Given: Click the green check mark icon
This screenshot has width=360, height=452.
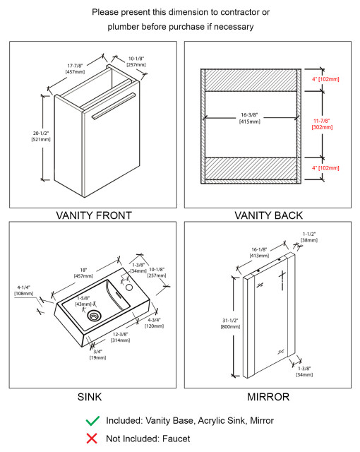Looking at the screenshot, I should pyautogui.click(x=92, y=420).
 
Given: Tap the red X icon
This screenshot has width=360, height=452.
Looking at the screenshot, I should pyautogui.click(x=92, y=439).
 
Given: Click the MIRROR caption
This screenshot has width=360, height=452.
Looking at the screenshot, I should pyautogui.click(x=268, y=397).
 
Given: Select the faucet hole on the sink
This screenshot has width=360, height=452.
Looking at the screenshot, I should pyautogui.click(x=129, y=288).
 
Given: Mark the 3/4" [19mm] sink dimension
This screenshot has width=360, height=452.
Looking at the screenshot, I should pyautogui.click(x=97, y=355).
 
